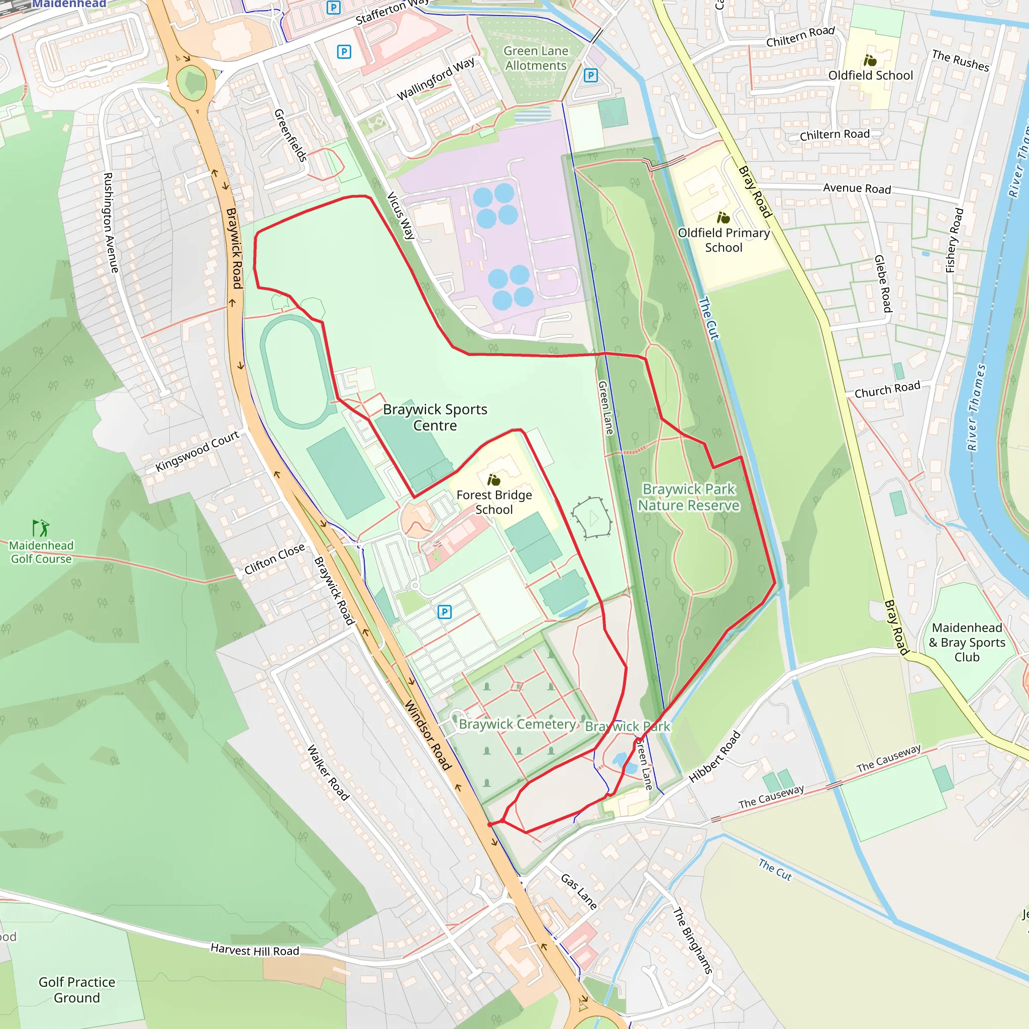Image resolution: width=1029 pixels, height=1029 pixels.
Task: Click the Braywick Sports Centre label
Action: [x=435, y=417]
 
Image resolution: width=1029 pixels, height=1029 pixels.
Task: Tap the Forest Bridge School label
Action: [x=494, y=502]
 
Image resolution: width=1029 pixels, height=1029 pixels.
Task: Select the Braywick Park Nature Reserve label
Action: [x=689, y=497]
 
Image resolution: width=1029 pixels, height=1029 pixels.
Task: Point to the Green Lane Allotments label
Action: [x=535, y=58]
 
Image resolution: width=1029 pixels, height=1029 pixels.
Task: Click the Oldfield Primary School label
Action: [x=724, y=240]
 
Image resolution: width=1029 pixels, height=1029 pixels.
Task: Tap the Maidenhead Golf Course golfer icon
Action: [x=41, y=528]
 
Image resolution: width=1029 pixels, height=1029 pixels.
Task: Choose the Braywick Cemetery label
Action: [x=517, y=724]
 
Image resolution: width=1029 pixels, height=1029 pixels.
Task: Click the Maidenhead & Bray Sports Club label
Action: [x=967, y=642]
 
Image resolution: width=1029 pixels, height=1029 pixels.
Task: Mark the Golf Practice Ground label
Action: [x=77, y=990]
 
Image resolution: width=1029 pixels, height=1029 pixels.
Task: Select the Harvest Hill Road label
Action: [x=255, y=950]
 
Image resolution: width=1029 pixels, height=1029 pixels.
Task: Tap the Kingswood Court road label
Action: [x=197, y=451]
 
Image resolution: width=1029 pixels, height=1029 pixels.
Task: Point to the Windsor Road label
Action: [x=428, y=735]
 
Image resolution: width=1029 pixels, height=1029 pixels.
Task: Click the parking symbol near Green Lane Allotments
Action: [x=590, y=76]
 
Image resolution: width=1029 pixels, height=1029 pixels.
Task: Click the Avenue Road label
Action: [x=857, y=188]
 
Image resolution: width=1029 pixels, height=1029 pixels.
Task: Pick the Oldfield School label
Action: [x=870, y=75]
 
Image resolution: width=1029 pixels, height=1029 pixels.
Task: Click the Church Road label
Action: [x=887, y=389]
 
